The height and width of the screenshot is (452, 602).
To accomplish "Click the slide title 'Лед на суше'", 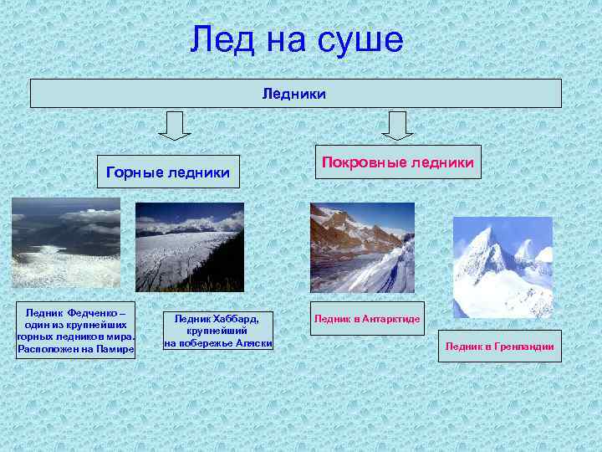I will click(296, 39).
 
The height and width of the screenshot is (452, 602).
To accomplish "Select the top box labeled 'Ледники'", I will click(295, 94).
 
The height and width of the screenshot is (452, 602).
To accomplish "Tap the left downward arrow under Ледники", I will click(174, 126).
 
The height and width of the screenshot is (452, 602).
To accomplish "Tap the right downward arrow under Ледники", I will click(397, 126).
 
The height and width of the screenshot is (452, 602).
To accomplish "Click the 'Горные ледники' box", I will click(168, 172).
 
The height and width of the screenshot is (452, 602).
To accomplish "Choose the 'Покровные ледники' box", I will click(398, 161).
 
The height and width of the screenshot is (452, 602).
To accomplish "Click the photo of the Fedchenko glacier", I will click(65, 243).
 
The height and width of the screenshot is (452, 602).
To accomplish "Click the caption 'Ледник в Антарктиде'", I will click(367, 320).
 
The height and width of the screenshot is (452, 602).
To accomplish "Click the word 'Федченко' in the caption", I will click(92, 310).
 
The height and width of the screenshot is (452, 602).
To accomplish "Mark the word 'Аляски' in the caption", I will click(252, 343).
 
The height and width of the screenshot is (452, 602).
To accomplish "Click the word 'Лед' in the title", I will click(216, 39).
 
